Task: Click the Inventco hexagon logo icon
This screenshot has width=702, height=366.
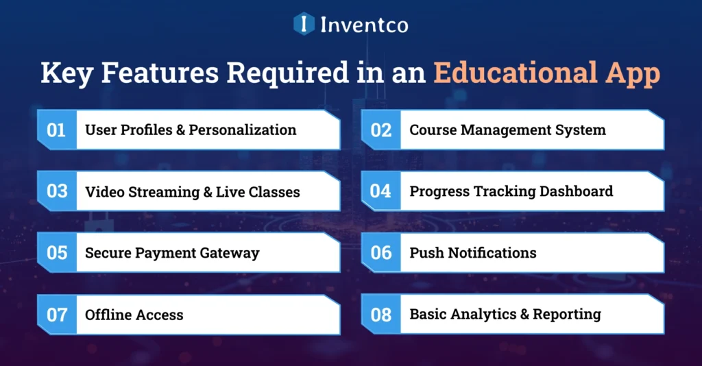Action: (x=304, y=24)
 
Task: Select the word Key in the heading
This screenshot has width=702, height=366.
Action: (x=67, y=73)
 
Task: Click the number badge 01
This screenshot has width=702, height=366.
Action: (x=56, y=130)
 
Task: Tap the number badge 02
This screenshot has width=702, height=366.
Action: (x=380, y=130)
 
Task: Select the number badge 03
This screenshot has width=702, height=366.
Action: (x=56, y=191)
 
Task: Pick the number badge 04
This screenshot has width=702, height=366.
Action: (x=380, y=191)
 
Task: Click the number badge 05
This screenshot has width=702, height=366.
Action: (x=56, y=253)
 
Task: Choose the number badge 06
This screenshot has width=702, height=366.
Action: (x=380, y=253)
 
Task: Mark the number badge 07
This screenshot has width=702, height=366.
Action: (x=56, y=315)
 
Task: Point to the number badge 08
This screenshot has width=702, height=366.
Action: (x=380, y=315)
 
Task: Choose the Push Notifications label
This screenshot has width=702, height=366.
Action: (x=473, y=253)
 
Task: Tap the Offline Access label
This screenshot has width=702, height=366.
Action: (x=134, y=315)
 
